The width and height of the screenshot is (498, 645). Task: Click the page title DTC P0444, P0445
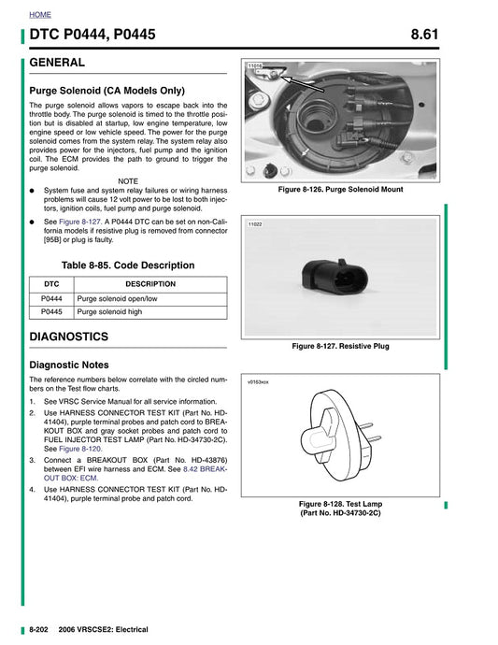(x=93, y=36)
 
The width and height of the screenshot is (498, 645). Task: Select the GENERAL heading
(x=58, y=63)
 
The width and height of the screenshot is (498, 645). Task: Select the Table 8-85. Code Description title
(x=128, y=265)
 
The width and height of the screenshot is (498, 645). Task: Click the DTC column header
(x=51, y=284)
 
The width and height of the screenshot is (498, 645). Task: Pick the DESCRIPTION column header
(x=149, y=284)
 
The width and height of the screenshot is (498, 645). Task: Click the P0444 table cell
(x=51, y=298)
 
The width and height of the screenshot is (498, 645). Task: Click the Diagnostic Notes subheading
(x=69, y=365)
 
